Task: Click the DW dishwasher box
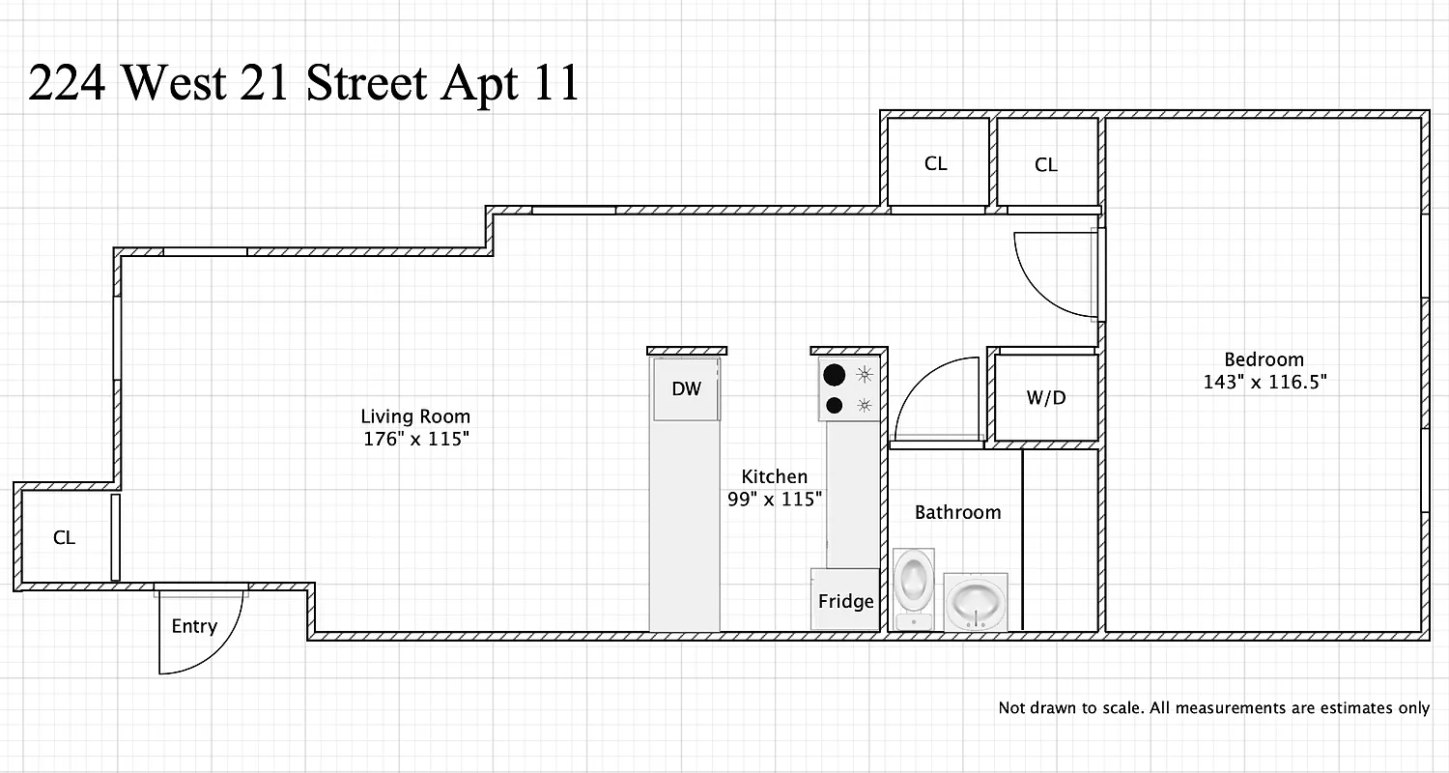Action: (x=686, y=389)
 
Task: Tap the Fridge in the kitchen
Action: (x=845, y=600)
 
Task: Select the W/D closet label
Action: (x=1046, y=397)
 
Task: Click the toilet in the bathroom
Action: (x=914, y=587)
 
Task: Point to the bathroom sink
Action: (x=976, y=601)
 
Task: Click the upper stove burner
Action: (x=834, y=374)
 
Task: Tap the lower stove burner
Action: (x=834, y=406)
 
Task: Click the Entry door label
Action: (x=194, y=626)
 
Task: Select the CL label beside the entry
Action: (x=64, y=538)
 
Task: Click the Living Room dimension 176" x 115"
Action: (x=415, y=440)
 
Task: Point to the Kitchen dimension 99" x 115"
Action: (x=774, y=500)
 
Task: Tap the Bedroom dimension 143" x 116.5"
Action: (x=1264, y=382)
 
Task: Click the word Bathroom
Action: (x=957, y=512)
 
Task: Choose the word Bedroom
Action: (x=1264, y=359)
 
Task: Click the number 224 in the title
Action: (x=68, y=84)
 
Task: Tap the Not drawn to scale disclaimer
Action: (x=1213, y=708)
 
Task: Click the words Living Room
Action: (x=415, y=416)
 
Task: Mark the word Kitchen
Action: (x=774, y=476)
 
